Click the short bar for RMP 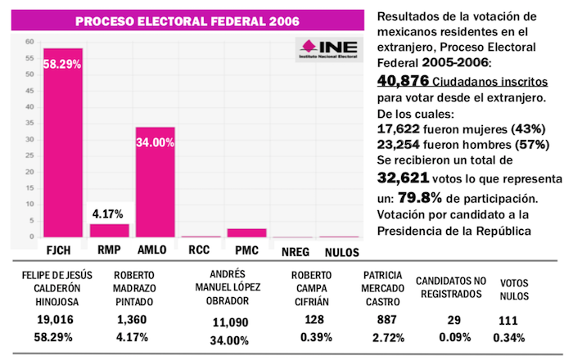click(x=109, y=231)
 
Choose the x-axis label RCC click(x=201, y=250)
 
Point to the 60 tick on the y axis click(x=29, y=41)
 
